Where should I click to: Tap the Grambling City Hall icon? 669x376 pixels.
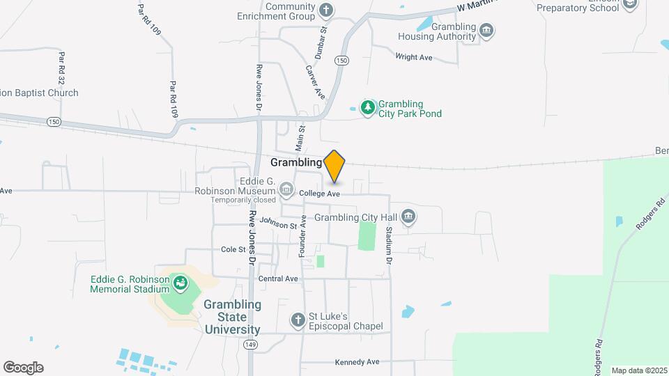[408, 217]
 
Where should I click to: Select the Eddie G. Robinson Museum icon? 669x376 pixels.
[286, 189]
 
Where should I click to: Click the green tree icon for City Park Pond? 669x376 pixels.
[367, 107]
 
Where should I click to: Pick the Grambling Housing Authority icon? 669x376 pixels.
[487, 30]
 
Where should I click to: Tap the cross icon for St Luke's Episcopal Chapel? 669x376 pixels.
[298, 320]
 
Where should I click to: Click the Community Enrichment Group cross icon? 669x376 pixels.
[325, 10]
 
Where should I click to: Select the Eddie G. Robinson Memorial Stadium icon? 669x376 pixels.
[180, 283]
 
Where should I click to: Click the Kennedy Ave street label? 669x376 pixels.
[357, 362]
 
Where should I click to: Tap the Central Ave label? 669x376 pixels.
[278, 279]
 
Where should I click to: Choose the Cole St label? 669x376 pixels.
[233, 249]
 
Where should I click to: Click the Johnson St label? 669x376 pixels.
[279, 223]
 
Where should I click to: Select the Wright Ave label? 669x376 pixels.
[415, 56]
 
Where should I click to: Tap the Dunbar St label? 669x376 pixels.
[321, 40]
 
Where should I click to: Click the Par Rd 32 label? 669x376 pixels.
[62, 65]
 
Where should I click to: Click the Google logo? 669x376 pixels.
[23, 368]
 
